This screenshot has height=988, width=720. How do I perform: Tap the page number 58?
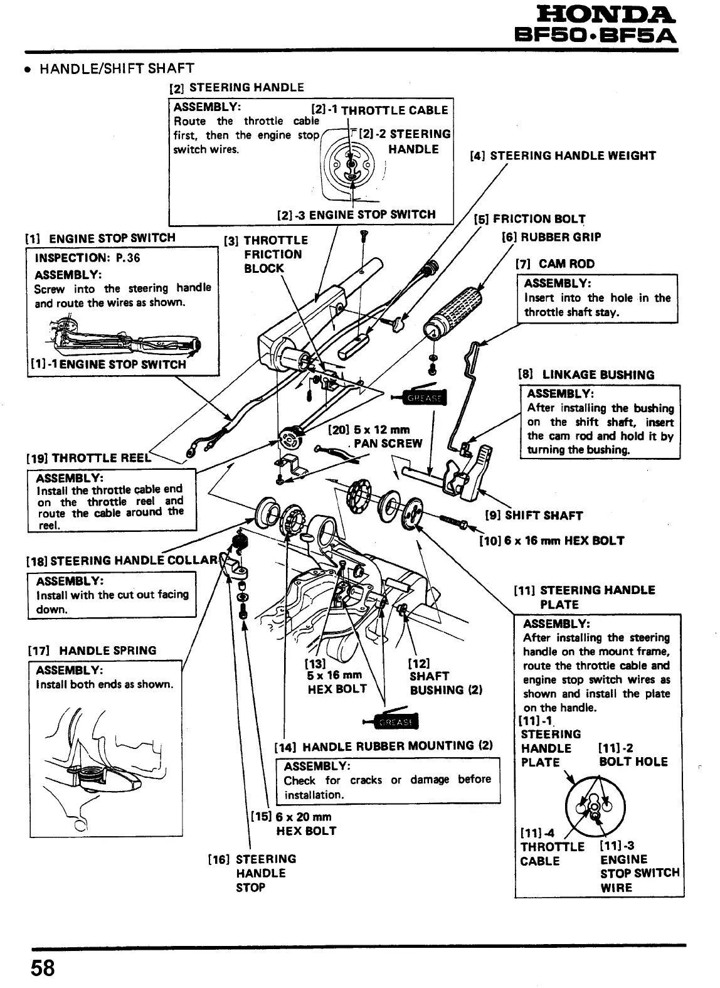(40, 968)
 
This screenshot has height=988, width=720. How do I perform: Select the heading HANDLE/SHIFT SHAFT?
(117, 68)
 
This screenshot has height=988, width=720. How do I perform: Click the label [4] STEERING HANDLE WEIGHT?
(563, 156)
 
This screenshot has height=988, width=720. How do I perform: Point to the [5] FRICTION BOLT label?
(530, 219)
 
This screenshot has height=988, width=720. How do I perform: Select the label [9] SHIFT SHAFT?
(534, 516)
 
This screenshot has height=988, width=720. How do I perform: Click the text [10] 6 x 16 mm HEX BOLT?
(552, 541)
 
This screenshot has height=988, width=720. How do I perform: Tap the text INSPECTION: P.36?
(87, 258)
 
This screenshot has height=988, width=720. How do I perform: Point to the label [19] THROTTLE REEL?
(88, 458)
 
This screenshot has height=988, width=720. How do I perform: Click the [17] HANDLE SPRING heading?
(92, 651)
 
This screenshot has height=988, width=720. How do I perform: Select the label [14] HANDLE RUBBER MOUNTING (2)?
(383, 746)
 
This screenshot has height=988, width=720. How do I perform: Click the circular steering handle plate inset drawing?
(595, 806)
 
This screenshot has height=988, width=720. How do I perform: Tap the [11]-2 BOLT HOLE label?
(633, 755)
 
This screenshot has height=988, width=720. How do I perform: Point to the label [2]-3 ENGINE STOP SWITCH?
(356, 215)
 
